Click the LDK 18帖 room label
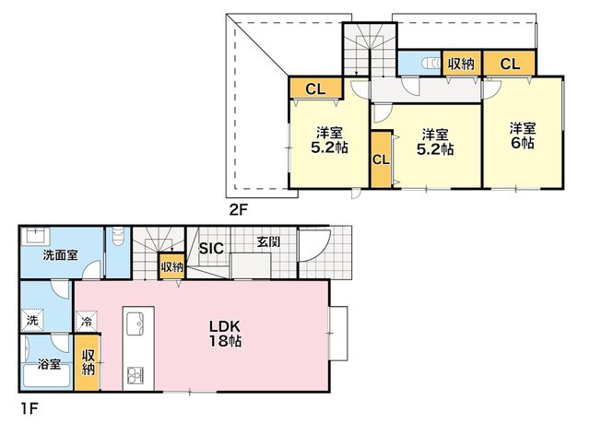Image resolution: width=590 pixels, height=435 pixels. [x=225, y=334]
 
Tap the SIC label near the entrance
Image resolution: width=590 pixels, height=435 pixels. [x=211, y=248]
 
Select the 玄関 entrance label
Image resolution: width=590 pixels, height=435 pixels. [x=268, y=242]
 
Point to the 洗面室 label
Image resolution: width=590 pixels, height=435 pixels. [x=60, y=255]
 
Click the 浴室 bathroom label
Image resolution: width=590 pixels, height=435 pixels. [x=49, y=364]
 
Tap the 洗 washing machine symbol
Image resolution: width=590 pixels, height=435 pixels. [x=32, y=320]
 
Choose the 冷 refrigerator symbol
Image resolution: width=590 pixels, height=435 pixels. [x=86, y=322]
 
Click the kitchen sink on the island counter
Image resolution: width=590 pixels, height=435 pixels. [x=135, y=323]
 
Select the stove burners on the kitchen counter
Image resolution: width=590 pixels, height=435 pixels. [x=136, y=375]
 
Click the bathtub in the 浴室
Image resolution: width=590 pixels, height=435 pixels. [x=47, y=375]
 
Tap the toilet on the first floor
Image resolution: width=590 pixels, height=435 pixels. [x=118, y=236]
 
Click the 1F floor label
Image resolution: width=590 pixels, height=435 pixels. [x=29, y=408]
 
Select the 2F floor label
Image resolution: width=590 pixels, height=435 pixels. [x=239, y=209]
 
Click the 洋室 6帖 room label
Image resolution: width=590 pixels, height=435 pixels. [x=523, y=135]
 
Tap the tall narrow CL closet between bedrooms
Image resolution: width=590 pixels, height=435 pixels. [x=381, y=159]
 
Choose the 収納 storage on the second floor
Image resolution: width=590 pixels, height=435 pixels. [x=461, y=64]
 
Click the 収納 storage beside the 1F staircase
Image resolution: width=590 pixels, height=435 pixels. [x=172, y=266]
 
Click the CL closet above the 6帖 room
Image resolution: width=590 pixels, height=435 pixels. [x=510, y=64]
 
